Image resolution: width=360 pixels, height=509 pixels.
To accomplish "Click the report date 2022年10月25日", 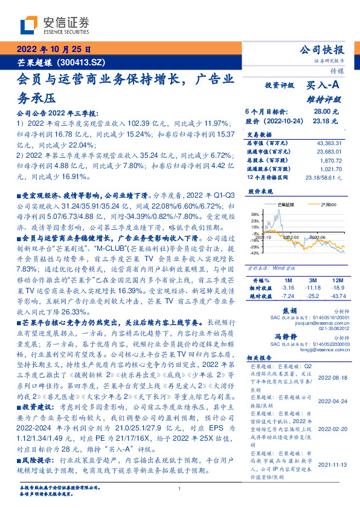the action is [55, 50].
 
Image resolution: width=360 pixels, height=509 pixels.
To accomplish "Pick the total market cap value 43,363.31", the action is [329, 143].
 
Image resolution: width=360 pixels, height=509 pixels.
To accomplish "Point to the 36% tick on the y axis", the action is [255, 215].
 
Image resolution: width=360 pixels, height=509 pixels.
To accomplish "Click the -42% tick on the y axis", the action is [254, 253].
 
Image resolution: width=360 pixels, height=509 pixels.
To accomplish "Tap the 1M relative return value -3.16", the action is [286, 289].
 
